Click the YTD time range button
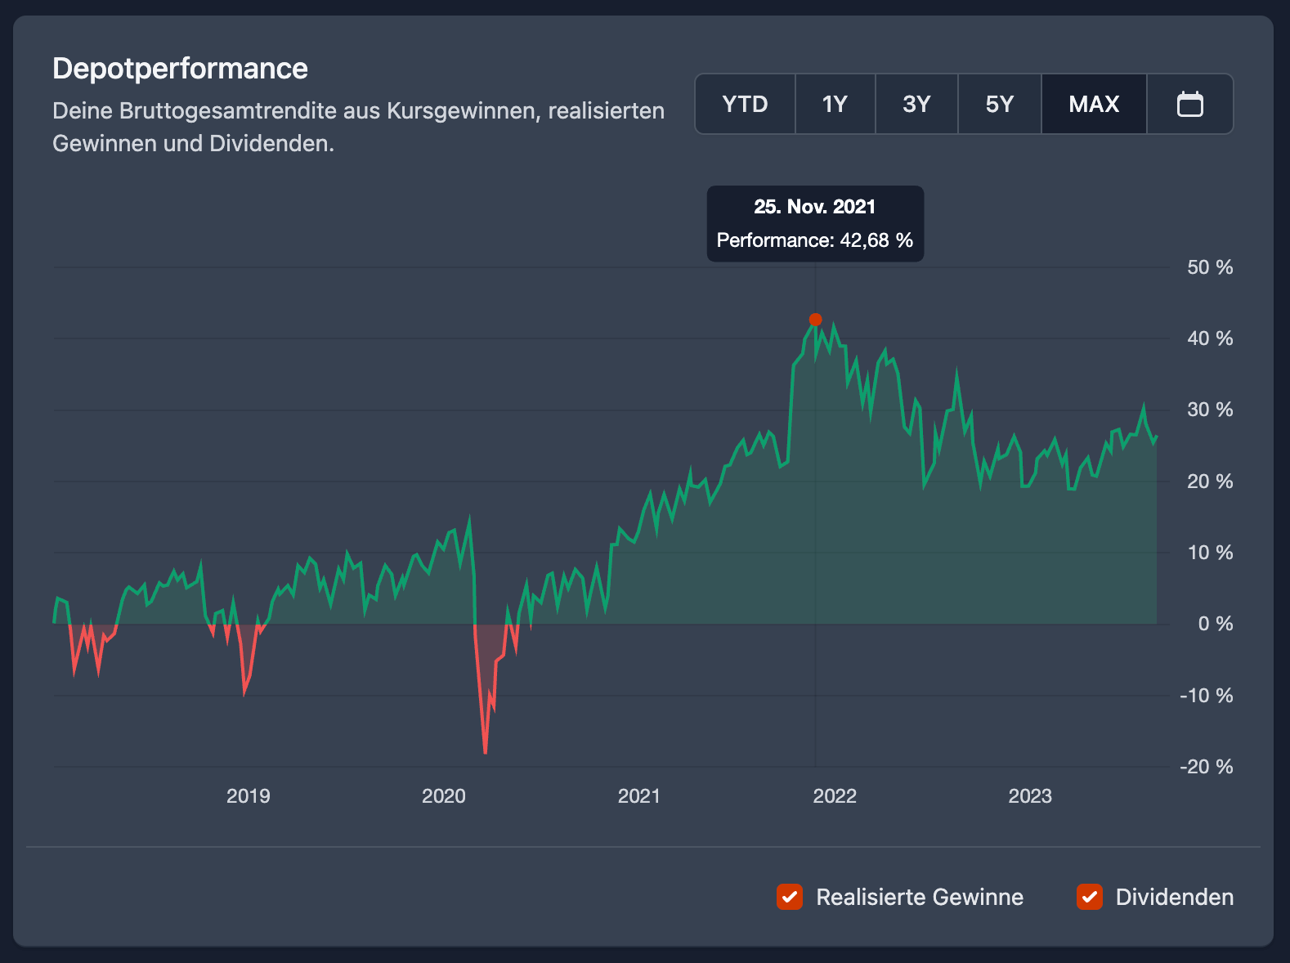click(x=745, y=104)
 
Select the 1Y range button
click(x=835, y=104)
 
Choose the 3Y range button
click(x=916, y=104)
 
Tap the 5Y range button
click(x=999, y=104)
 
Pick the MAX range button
click(x=1094, y=104)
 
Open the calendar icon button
click(x=1189, y=104)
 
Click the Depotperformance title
click(x=180, y=69)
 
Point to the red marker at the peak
click(x=815, y=320)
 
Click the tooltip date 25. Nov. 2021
click(x=814, y=207)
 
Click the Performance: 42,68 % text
click(x=814, y=240)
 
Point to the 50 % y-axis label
click(x=1209, y=267)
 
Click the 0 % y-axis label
click(x=1215, y=624)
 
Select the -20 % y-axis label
click(x=1206, y=767)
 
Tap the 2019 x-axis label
click(x=248, y=796)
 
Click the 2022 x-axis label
click(x=835, y=796)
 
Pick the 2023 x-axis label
click(x=1030, y=796)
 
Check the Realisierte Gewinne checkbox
click(x=790, y=897)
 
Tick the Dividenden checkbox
click(x=1090, y=897)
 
